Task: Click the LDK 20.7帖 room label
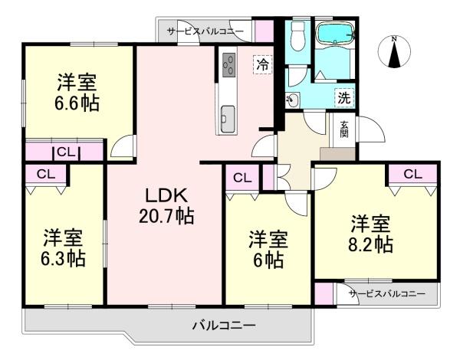point(166,205)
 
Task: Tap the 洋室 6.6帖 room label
point(77,93)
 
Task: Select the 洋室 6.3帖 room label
point(63,248)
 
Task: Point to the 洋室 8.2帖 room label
point(371,234)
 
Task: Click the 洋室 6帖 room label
point(268,250)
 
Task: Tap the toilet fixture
point(297,34)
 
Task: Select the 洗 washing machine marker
point(344,97)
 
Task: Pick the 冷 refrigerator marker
point(262,65)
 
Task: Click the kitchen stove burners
point(228,65)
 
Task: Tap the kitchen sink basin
point(228,119)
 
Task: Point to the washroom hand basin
point(292,100)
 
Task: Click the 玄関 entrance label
point(344,129)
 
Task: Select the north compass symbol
point(395,52)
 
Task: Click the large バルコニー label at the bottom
point(224,325)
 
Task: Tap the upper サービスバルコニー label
point(205,31)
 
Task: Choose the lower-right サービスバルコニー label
point(387,293)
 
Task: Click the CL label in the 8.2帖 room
point(412,174)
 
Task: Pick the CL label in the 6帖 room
point(242,178)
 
